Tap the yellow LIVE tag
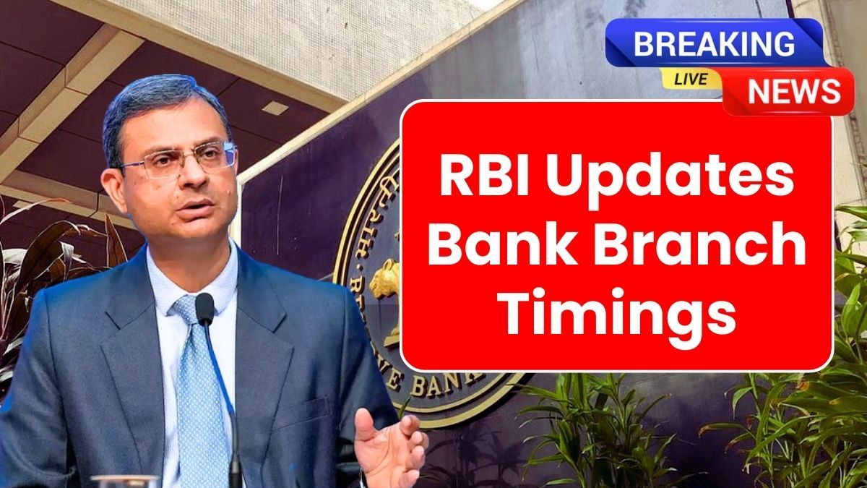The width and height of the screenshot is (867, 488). [691, 79]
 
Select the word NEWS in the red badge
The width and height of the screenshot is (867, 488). [794, 92]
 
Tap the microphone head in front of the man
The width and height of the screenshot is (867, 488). [204, 309]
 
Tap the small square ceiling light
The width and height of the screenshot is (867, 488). [275, 108]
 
